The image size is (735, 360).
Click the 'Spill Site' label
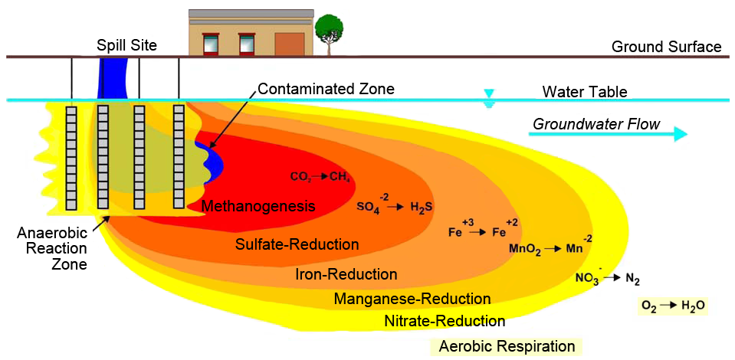click(x=126, y=46)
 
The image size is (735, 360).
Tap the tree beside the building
click(x=329, y=31)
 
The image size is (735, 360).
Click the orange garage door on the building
click(x=289, y=44)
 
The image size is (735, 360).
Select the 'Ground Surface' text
click(x=666, y=47)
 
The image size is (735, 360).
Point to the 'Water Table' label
click(x=585, y=92)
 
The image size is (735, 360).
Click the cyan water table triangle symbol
click(x=489, y=94)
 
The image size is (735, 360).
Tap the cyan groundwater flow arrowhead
click(x=679, y=135)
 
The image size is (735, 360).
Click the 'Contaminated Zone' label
click(x=326, y=89)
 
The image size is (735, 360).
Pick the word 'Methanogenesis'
click(x=248, y=206)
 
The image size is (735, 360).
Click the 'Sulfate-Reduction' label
click(x=297, y=245)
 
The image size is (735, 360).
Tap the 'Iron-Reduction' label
click(x=346, y=274)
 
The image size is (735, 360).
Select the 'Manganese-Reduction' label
click(x=412, y=299)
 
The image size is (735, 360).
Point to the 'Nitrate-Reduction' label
click(x=445, y=321)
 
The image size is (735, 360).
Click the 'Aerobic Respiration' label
click(x=507, y=346)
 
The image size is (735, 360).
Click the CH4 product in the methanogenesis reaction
click(x=340, y=177)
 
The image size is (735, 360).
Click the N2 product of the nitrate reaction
click(x=632, y=279)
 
